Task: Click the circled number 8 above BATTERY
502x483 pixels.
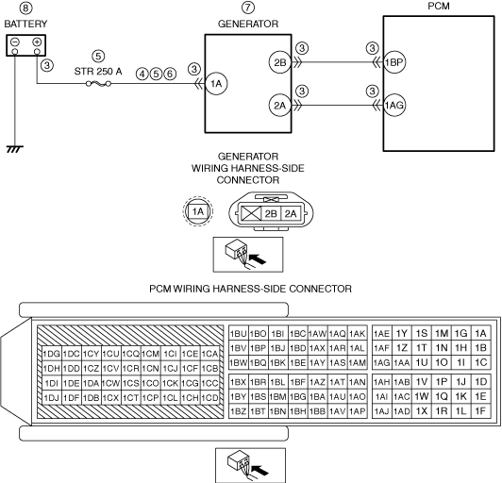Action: pos(25,8)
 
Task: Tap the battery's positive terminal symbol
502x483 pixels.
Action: pos(37,42)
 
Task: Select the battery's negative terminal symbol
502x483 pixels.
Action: pos(15,42)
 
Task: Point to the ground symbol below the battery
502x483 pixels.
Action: pos(15,149)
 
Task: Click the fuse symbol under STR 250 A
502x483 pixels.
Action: pos(98,84)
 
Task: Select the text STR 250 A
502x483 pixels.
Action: pos(98,71)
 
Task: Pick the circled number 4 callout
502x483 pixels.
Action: pos(142,74)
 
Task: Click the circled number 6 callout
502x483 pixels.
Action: pos(170,74)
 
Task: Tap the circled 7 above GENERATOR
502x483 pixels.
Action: pos(248,8)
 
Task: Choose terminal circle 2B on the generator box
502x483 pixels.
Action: pos(280,62)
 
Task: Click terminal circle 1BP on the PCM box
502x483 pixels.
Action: pos(394,62)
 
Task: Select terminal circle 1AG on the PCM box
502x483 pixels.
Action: pos(394,105)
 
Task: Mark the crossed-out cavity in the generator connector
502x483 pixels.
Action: pos(251,213)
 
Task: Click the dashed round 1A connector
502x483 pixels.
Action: pos(198,211)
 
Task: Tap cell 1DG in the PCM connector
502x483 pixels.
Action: pos(52,354)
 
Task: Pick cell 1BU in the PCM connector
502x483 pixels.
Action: pos(239,334)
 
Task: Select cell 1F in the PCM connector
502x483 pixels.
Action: pos(481,411)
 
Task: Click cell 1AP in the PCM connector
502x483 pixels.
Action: pos(358,411)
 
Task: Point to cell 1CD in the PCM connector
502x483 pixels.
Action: pos(210,398)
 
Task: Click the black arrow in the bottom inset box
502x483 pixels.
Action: pos(260,471)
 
